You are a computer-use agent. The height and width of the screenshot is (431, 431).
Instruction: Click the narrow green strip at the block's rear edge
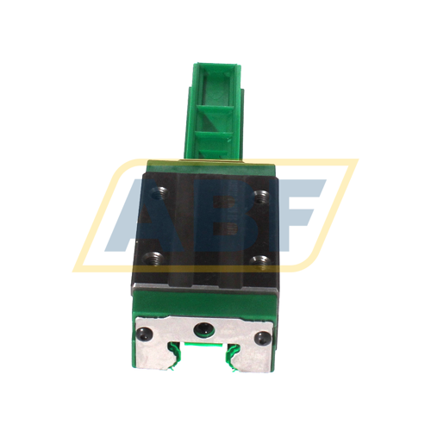click(x=211, y=165)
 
